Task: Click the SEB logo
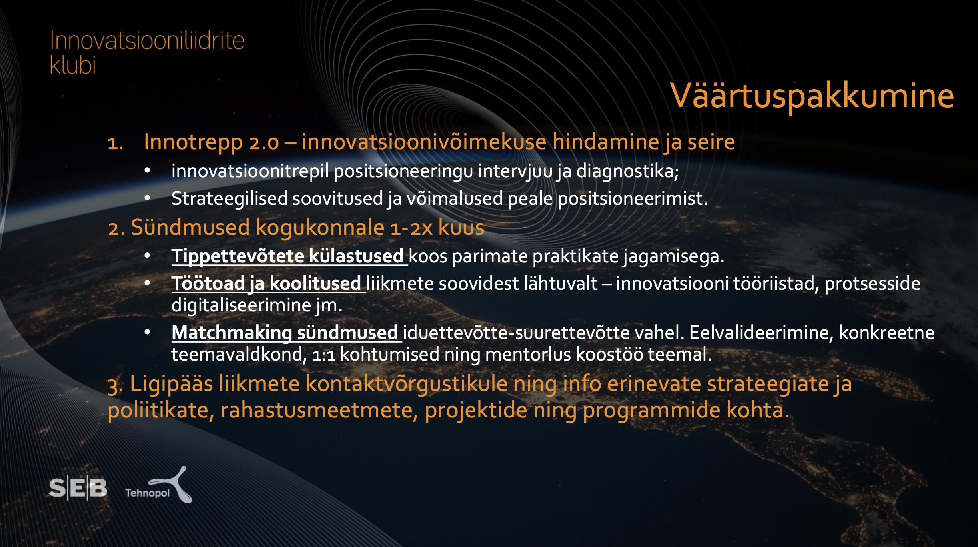(78, 488)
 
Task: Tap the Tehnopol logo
(159, 485)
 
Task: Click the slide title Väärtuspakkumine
(812, 96)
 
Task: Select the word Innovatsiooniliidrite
(147, 41)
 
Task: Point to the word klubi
(73, 64)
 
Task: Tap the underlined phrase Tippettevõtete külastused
(287, 256)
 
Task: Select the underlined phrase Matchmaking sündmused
(285, 333)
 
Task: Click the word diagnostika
(627, 172)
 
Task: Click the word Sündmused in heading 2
(190, 227)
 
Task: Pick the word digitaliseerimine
(241, 305)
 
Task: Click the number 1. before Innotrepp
(115, 143)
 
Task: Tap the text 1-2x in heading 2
(411, 228)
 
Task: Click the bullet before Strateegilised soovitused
(147, 198)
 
